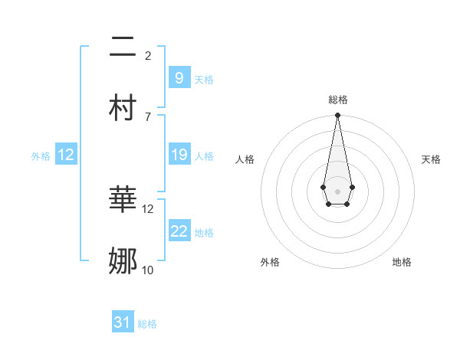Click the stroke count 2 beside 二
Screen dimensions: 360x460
(148, 56)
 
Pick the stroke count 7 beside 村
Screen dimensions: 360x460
(148, 116)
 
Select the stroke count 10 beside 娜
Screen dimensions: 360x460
(148, 270)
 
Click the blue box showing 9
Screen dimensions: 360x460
(179, 77)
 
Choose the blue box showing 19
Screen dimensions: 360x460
(179, 155)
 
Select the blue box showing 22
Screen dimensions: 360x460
(179, 231)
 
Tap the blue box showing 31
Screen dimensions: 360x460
(123, 322)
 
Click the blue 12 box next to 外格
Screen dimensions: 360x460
(66, 155)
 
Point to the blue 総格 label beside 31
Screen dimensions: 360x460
(147, 324)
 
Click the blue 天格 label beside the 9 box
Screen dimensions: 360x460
(204, 79)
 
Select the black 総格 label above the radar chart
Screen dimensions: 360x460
(337, 100)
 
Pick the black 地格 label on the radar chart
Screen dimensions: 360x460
(402, 262)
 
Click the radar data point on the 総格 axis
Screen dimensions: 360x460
(337, 116)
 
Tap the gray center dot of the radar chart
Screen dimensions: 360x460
(337, 190)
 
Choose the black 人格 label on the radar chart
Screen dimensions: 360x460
(245, 159)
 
